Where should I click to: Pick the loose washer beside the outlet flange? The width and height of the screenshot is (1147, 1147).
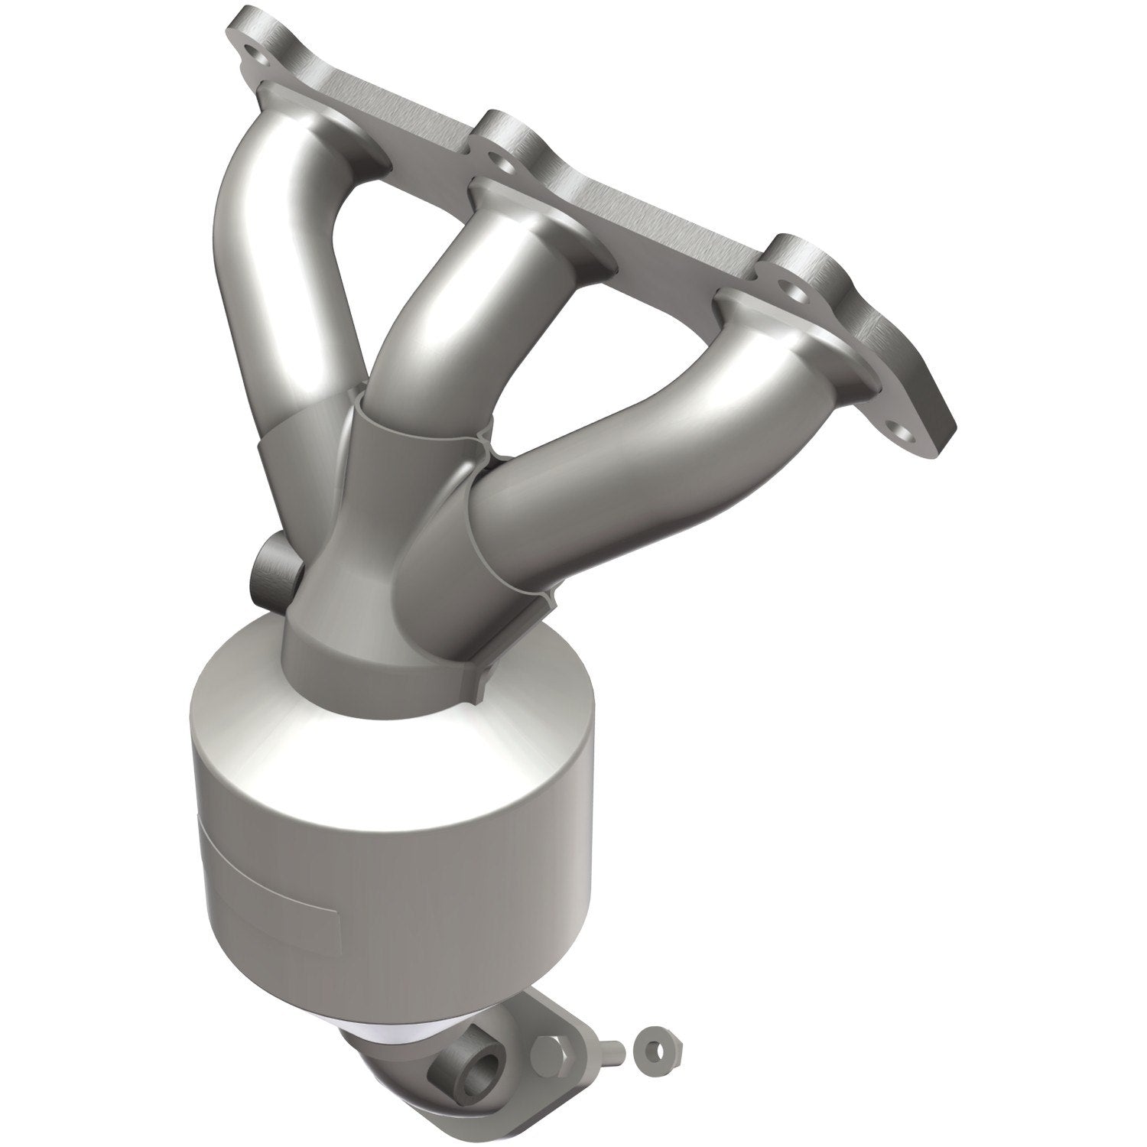click(x=655, y=1041)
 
